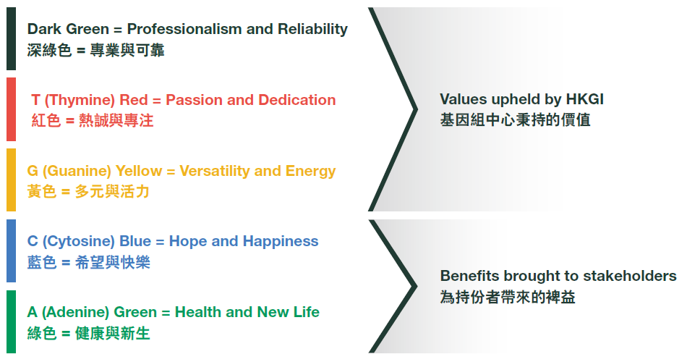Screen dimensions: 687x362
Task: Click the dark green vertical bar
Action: pos(11,38)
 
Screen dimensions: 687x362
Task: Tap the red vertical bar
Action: pos(11,109)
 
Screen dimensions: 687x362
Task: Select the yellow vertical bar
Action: pos(11,180)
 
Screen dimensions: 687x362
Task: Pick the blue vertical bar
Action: pos(11,251)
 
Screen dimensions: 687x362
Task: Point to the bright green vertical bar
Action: pos(11,321)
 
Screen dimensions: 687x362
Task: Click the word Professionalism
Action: pos(184,29)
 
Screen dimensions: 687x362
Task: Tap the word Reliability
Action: pos(313,29)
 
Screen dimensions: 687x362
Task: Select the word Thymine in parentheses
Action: pos(80,100)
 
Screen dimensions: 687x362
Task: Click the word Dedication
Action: pos(296,100)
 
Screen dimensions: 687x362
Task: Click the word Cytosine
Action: pos(79,241)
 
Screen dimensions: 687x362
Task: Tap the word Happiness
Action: pos(281,241)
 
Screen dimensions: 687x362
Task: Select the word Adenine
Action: pos(75,312)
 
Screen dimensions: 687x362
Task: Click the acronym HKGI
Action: pos(584,99)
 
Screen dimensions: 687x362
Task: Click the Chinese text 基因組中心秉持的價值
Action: pos(515,119)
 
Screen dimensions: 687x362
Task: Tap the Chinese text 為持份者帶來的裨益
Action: pos(508,297)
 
